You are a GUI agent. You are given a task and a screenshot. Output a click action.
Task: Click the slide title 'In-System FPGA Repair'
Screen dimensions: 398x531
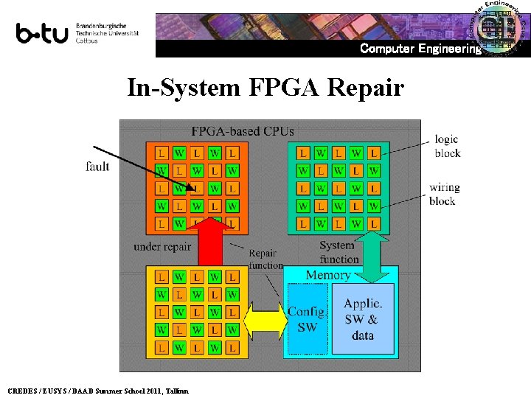(265, 88)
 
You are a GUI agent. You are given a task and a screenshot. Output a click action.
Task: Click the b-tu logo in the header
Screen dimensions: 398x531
(42, 33)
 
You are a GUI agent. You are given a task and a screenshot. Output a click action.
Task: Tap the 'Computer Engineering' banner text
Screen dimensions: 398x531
(420, 49)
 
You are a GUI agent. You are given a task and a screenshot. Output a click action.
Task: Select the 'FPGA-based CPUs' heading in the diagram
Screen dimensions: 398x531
(243, 131)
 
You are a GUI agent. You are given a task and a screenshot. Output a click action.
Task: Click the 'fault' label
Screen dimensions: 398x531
(97, 167)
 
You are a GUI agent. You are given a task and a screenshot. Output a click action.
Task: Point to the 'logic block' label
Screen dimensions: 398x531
(447, 146)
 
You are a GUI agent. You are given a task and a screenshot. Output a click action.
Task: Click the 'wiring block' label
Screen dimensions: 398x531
(444, 194)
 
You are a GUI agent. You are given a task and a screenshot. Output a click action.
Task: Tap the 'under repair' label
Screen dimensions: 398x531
(162, 247)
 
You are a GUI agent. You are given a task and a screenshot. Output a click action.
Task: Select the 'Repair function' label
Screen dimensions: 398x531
(265, 259)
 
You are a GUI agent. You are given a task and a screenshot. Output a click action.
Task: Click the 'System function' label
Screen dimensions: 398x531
(339, 252)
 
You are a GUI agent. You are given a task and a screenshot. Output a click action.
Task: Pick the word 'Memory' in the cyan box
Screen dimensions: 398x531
(327, 275)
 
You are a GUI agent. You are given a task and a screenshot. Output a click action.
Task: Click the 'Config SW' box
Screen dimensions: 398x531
(305, 319)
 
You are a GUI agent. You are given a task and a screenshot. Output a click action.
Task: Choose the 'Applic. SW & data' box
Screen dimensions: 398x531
(363, 319)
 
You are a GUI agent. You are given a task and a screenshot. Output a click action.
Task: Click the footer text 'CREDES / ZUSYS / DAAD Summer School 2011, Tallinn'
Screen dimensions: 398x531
(97, 391)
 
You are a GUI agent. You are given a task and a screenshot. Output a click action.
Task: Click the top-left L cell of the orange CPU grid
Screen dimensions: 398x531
(162, 153)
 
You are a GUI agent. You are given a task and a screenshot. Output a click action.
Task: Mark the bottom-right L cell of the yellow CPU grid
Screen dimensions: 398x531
(232, 347)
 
